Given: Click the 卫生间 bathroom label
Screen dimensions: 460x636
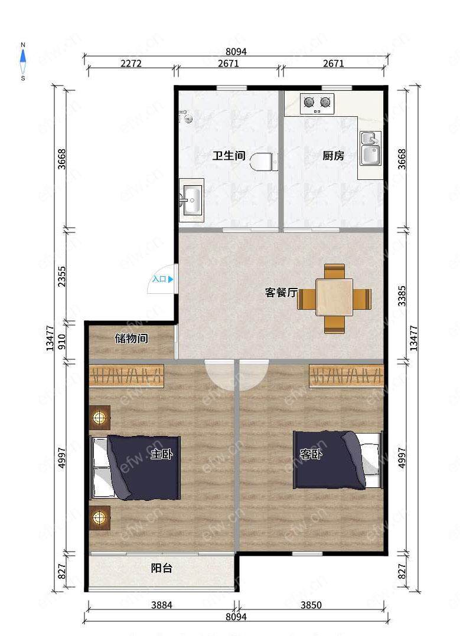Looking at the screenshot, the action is [229, 155].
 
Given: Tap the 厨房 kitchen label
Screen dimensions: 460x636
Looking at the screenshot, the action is [333, 155].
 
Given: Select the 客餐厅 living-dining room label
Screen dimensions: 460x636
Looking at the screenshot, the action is [281, 292].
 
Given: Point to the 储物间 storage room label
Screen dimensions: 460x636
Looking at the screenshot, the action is [131, 338].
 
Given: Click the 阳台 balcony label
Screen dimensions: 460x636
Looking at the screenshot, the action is [162, 568].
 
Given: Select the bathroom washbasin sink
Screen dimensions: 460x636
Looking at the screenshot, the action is [192, 199].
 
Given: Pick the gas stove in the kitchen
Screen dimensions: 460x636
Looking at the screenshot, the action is [317, 103].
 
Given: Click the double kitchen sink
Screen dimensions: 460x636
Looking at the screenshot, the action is [371, 148].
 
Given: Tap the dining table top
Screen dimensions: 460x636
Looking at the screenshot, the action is [334, 297].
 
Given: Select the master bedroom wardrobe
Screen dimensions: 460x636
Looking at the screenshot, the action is [126, 376].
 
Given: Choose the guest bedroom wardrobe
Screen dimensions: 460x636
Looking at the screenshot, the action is [346, 376].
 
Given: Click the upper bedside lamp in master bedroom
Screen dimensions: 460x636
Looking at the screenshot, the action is [99, 417].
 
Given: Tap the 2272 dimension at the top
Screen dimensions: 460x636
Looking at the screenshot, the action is [131, 63].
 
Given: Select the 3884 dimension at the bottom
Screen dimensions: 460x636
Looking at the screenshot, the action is [162, 605].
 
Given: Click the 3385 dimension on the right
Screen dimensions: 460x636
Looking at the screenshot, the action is [402, 296].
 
